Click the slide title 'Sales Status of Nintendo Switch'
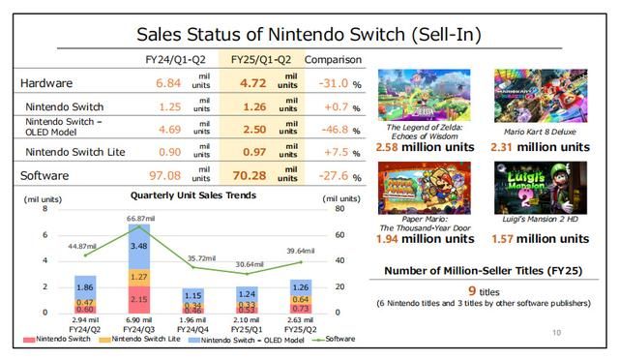click(309, 33)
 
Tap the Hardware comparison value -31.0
click(334, 83)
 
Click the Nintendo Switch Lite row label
click(71, 153)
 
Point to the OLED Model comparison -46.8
click(334, 130)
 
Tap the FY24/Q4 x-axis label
click(194, 328)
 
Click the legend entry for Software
click(335, 339)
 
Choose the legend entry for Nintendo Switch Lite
click(137, 339)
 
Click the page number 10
click(556, 332)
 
